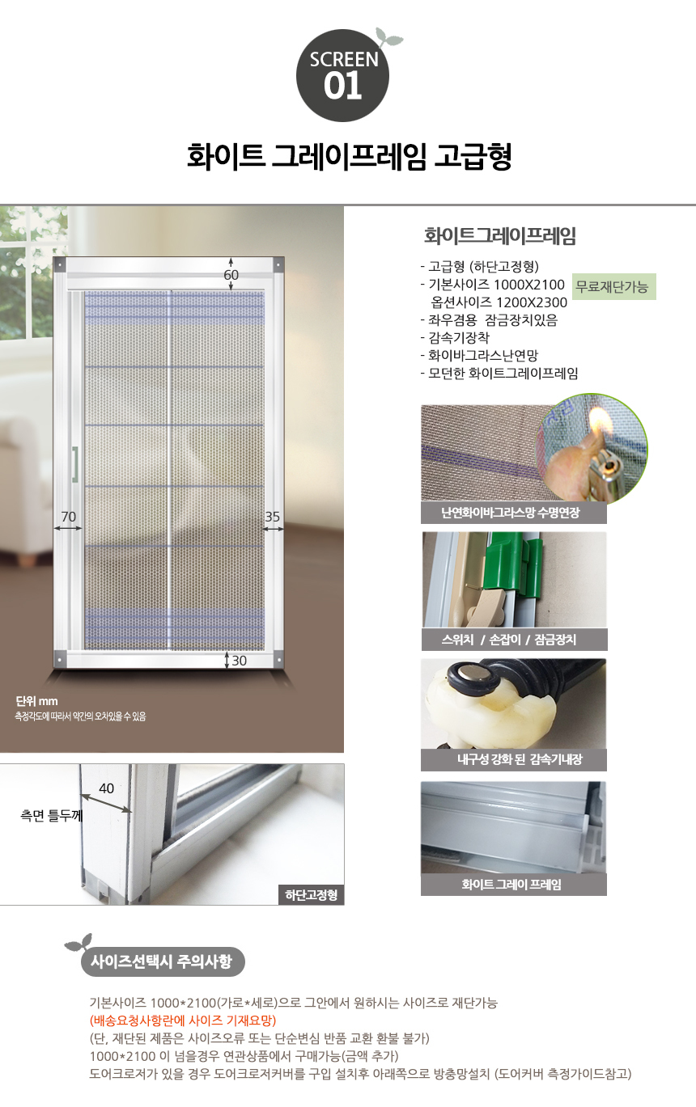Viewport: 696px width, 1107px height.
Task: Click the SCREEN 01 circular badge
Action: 342,76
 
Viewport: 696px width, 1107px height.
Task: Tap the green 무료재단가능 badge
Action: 614,286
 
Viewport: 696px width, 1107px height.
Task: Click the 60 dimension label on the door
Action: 231,275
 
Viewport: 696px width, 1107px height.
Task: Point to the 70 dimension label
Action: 68,517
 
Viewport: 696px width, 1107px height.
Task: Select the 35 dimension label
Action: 273,517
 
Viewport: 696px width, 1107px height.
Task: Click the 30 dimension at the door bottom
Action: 239,661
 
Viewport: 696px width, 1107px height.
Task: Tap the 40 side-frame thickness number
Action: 106,788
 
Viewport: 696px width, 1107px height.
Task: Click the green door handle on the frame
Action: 74,463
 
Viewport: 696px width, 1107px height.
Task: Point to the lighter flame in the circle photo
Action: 597,421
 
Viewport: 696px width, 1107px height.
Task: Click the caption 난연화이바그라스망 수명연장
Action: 510,513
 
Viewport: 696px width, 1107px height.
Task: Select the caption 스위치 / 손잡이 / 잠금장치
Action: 509,640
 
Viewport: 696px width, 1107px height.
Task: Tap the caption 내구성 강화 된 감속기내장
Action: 520,759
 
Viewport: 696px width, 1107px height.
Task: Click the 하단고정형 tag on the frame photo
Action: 311,895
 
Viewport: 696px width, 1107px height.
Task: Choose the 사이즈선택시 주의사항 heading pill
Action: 162,961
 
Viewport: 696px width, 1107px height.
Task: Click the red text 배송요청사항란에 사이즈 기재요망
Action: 183,1020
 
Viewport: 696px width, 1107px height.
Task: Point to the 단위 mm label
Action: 36,701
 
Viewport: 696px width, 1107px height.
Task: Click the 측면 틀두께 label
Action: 51,815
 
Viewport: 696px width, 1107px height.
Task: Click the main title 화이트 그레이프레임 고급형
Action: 349,156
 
